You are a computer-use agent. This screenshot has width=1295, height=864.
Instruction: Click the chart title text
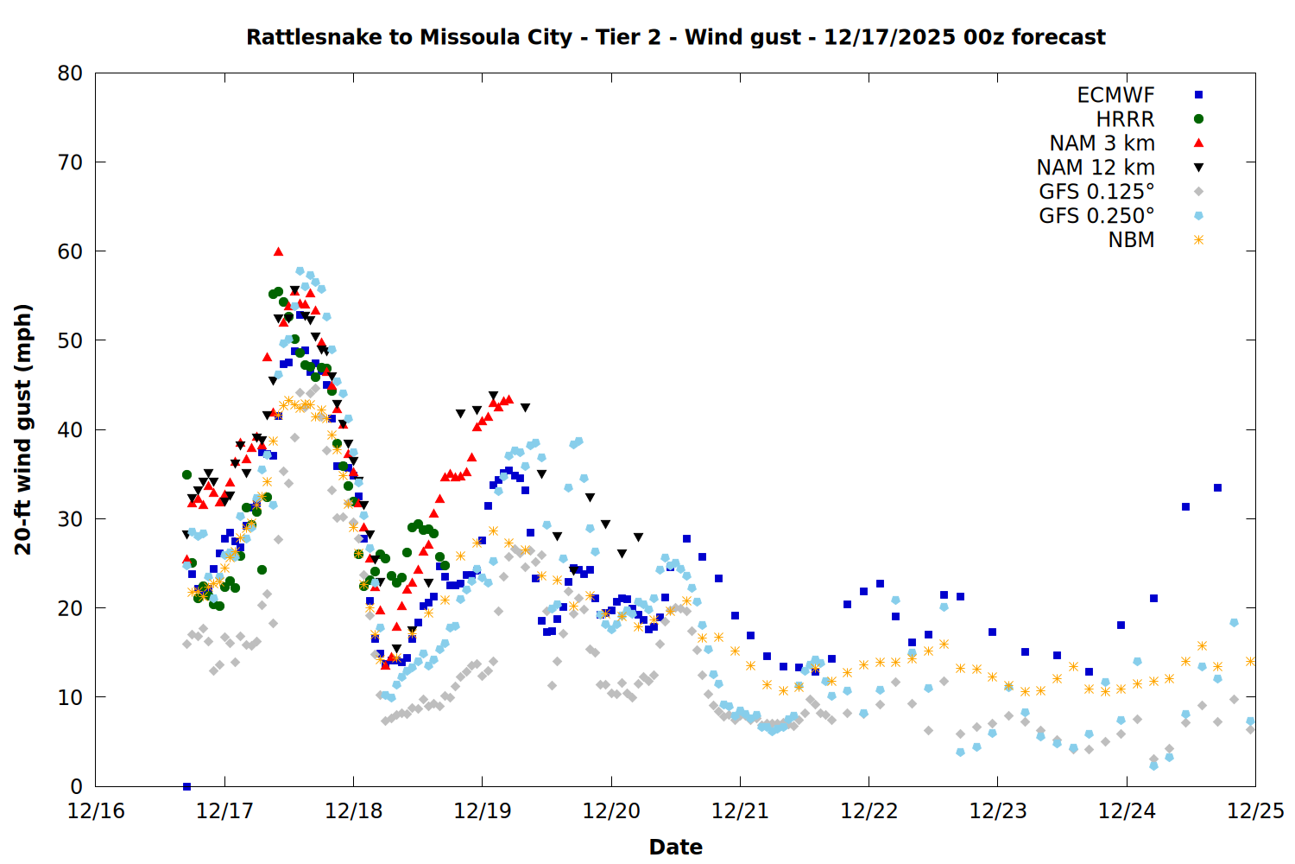pyautogui.click(x=675, y=37)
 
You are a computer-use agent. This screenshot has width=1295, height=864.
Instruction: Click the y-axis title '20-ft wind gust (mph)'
pyautogui.click(x=23, y=429)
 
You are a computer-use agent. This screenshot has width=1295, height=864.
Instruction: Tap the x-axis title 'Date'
pyautogui.click(x=675, y=847)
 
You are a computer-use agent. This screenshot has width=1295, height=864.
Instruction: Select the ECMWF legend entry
pyautogui.click(x=1115, y=95)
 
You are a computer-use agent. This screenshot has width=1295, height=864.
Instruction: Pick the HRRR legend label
pyautogui.click(x=1125, y=119)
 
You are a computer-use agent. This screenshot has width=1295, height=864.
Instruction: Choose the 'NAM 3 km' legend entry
pyautogui.click(x=1102, y=143)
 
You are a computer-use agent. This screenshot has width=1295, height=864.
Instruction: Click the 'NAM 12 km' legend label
pyautogui.click(x=1096, y=168)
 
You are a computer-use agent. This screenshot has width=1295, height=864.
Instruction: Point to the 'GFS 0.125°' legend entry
pyautogui.click(x=1096, y=192)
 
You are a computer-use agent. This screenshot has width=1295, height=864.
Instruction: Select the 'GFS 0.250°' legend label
pyautogui.click(x=1096, y=216)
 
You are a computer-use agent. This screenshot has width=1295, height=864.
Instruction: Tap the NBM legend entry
pyautogui.click(x=1131, y=240)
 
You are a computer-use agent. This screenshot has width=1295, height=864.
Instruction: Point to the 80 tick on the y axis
pyautogui.click(x=70, y=73)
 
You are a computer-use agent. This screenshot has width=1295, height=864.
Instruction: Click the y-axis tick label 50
pyautogui.click(x=70, y=340)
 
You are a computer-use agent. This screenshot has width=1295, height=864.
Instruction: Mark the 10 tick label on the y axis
pyautogui.click(x=70, y=697)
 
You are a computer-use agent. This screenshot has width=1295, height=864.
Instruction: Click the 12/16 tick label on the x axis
pyautogui.click(x=96, y=811)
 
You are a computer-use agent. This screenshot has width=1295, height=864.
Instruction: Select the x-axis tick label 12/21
pyautogui.click(x=740, y=811)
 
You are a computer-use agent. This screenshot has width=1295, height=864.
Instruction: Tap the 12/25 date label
pyautogui.click(x=1255, y=811)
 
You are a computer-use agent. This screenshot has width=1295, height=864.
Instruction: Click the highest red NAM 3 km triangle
pyautogui.click(x=278, y=251)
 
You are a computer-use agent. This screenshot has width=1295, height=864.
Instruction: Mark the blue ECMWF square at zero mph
pyautogui.click(x=186, y=786)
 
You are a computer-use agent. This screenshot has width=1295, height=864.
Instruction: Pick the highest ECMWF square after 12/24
pyautogui.click(x=1217, y=488)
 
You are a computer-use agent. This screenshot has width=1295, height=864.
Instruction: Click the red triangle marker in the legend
pyautogui.click(x=1198, y=143)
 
